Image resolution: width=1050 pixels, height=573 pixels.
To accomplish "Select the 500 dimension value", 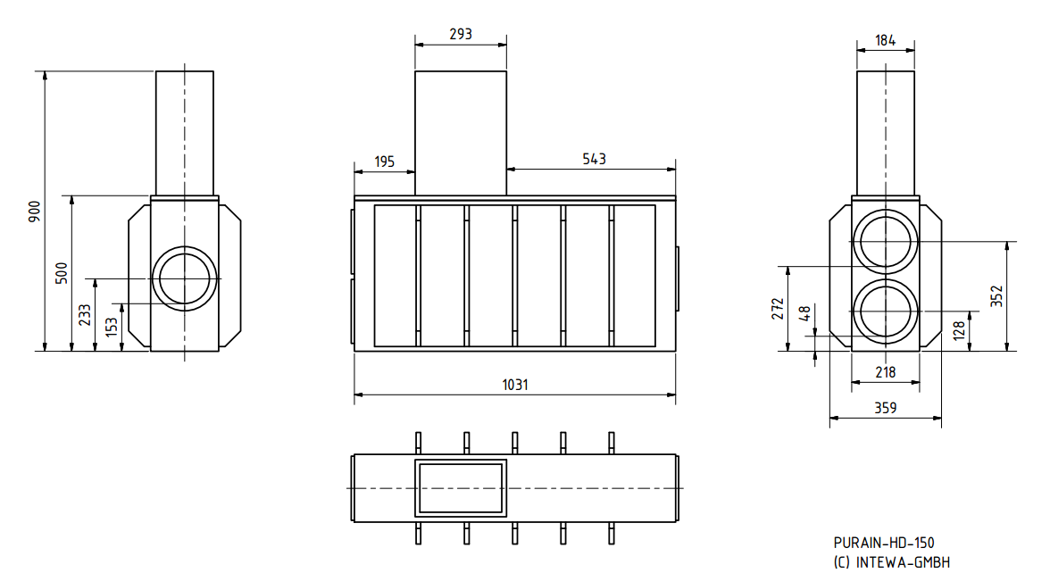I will point(62,272).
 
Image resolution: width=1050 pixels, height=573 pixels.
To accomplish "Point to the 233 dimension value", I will point(85,314).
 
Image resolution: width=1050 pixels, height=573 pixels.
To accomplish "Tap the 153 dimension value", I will point(111,327).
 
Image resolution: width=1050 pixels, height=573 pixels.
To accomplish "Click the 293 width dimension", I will point(461,35).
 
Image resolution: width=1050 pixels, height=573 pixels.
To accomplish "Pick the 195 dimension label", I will point(384,161).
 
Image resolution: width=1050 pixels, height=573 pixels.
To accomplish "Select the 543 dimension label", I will point(594,159).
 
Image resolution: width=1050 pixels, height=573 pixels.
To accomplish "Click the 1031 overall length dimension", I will point(515,385).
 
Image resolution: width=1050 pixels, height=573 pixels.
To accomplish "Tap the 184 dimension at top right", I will point(885,40).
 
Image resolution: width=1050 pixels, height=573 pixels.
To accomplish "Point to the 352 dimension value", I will point(997,296).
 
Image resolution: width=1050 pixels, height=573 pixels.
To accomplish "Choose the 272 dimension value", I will point(778,309).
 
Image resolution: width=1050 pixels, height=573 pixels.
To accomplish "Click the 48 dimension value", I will point(804,313).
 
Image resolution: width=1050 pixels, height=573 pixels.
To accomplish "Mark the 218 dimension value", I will point(885,372).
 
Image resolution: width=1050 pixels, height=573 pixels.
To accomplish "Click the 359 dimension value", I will point(885,407).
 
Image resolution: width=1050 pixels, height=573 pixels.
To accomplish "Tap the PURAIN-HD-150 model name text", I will point(883,543).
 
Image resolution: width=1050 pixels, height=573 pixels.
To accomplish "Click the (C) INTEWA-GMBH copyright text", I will point(891,561).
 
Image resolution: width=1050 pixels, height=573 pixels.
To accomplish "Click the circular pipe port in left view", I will point(185,278).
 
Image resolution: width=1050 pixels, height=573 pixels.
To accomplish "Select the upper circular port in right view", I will point(885,242).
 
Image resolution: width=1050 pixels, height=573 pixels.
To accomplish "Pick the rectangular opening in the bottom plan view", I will point(461,488).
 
